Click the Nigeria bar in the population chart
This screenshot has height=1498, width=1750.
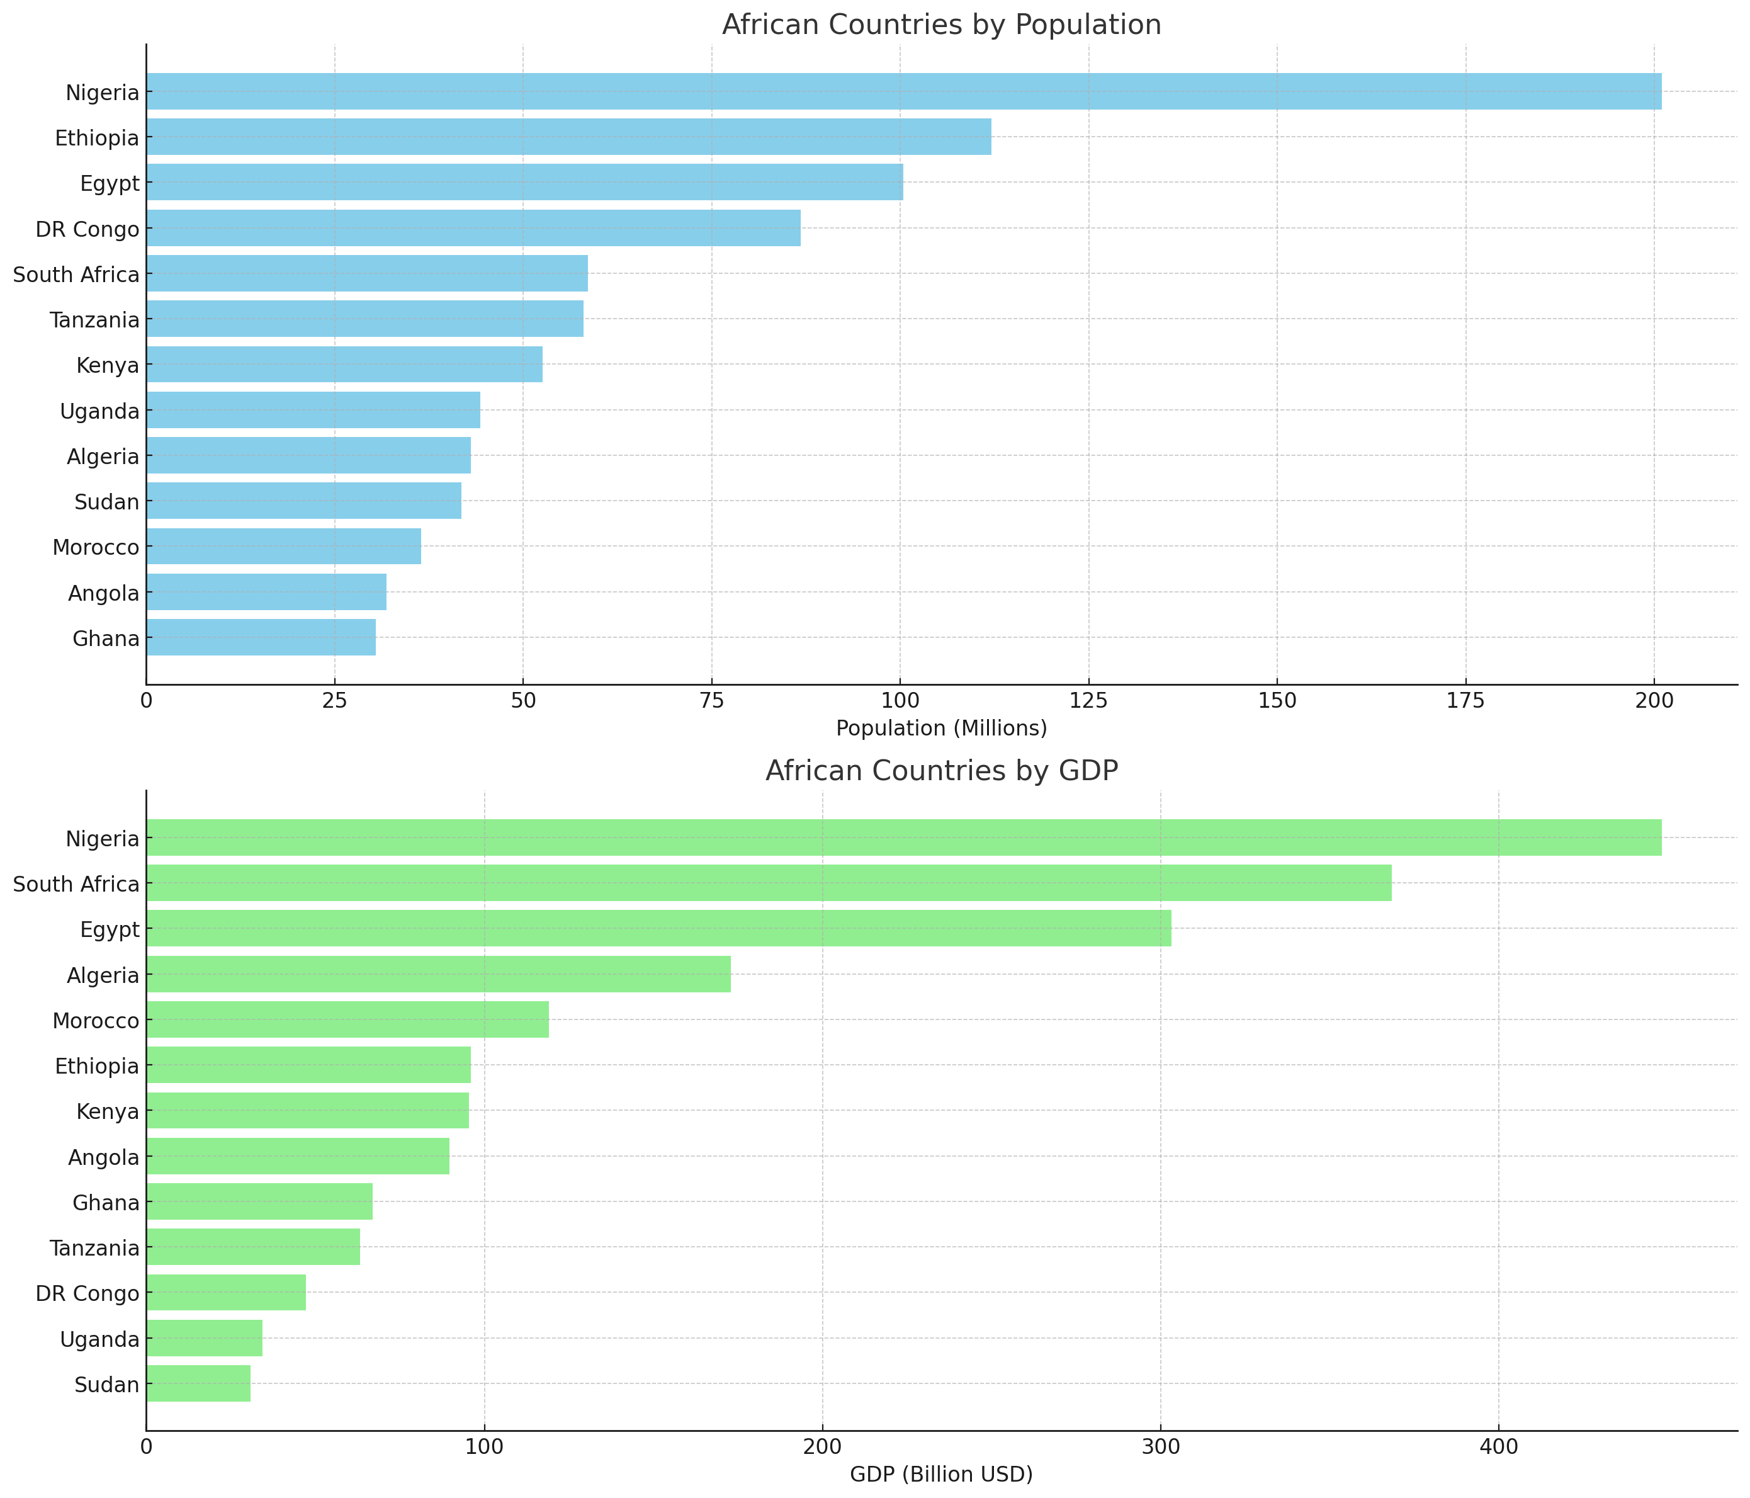tap(904, 91)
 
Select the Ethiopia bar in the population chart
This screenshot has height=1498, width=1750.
tap(568, 137)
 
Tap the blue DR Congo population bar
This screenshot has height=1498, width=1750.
tap(473, 228)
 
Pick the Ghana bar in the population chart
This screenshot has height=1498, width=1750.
tap(261, 638)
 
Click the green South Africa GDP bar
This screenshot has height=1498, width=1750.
tap(769, 883)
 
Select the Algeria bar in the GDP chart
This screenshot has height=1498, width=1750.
tap(438, 974)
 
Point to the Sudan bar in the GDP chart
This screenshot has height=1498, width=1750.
tap(198, 1384)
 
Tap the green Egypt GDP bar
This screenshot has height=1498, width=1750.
tap(659, 929)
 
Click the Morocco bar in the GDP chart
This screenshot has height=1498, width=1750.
tap(347, 1020)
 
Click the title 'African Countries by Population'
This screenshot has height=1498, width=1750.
tap(941, 25)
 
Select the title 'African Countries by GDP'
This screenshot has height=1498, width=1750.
tap(941, 771)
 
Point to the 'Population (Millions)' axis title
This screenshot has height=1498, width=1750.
tap(941, 729)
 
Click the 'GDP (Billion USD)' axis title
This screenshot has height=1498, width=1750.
tap(941, 1474)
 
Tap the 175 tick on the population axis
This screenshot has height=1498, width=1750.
tap(1465, 701)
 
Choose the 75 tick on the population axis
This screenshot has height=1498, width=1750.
tap(711, 701)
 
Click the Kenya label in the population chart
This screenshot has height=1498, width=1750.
tap(107, 366)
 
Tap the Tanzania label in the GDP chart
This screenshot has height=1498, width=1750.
tap(94, 1248)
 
